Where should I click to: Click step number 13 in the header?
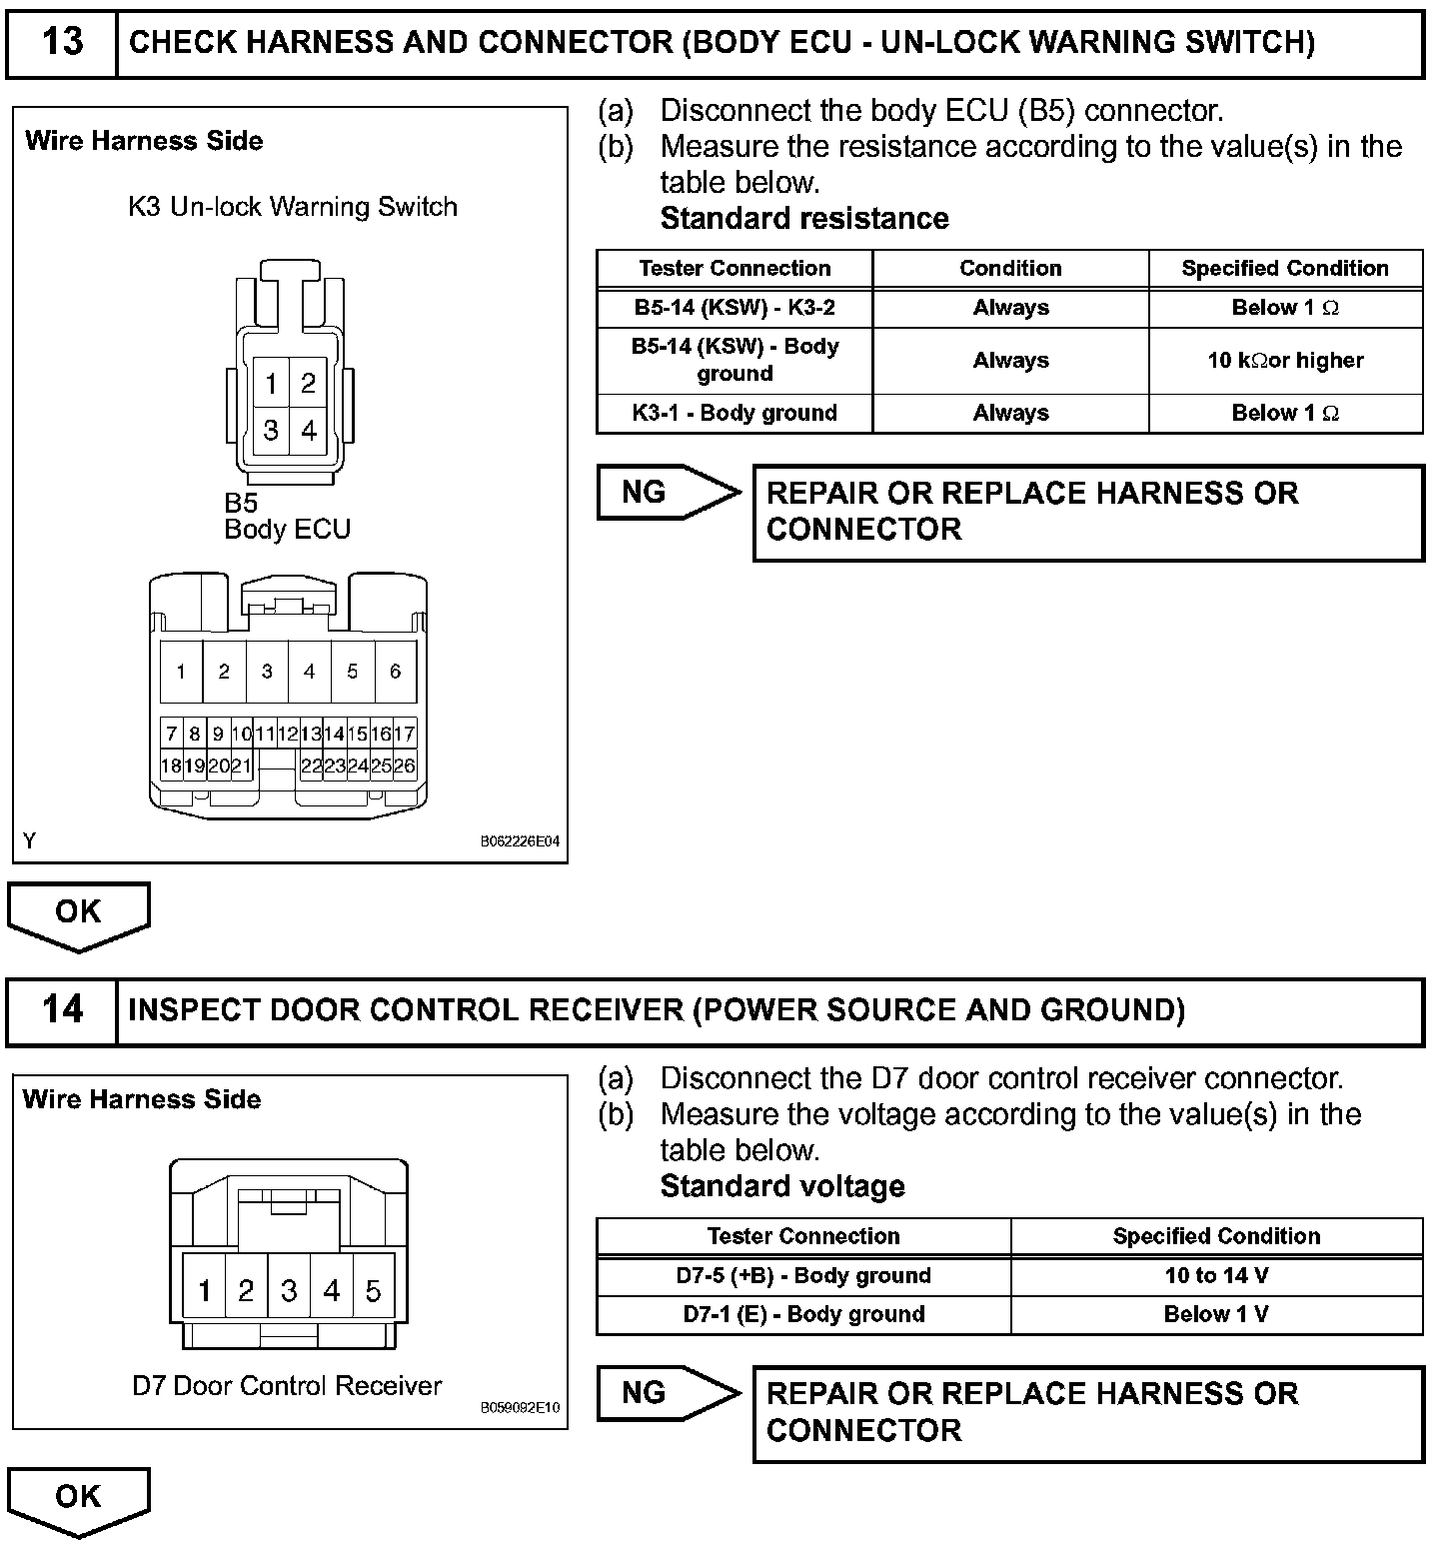(62, 42)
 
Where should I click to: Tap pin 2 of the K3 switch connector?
(309, 383)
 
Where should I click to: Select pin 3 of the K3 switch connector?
(271, 431)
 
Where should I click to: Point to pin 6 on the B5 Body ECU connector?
(395, 672)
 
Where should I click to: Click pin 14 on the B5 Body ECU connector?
(334, 734)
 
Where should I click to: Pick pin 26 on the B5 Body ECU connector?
(404, 767)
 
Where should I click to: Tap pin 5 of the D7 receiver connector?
(373, 1291)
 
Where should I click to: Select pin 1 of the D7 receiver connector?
(204, 1291)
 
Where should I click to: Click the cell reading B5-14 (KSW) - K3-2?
(734, 308)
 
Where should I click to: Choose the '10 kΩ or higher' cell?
(1285, 360)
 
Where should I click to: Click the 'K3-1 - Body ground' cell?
(734, 413)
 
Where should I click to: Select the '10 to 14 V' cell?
(1216, 1276)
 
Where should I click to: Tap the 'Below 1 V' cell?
(1216, 1314)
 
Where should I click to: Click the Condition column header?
(1010, 269)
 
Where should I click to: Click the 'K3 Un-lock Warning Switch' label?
(293, 207)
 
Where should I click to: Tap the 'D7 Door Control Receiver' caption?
(287, 1386)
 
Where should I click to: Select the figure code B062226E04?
(520, 841)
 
